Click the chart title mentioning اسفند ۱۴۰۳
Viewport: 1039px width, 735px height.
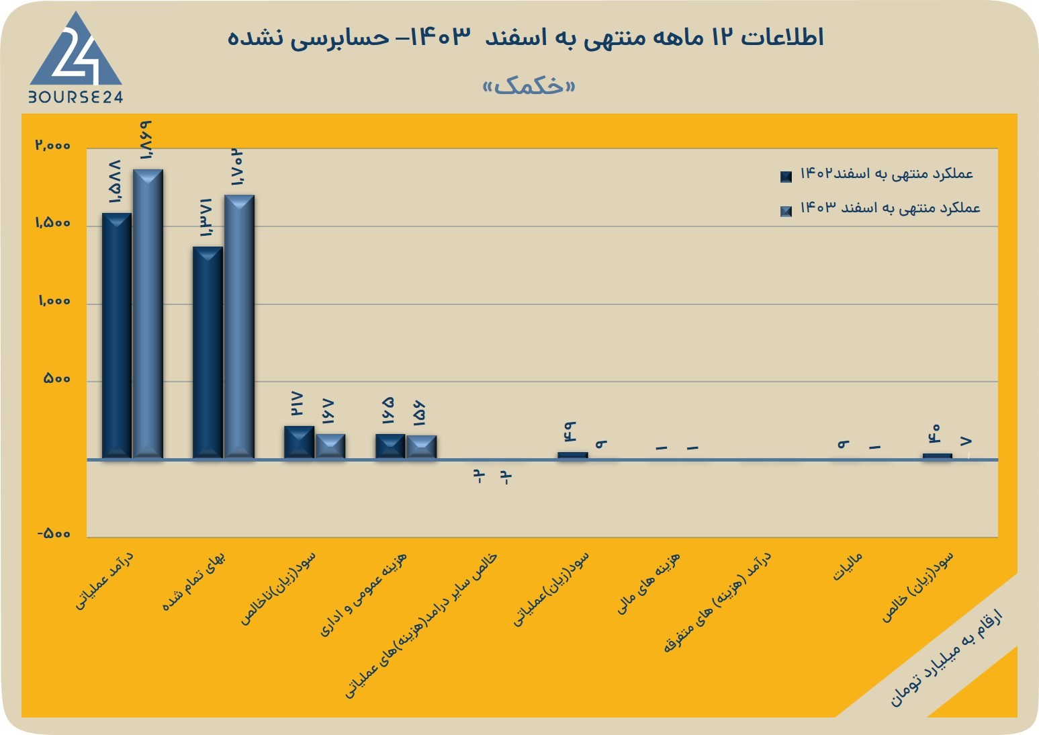tap(525, 37)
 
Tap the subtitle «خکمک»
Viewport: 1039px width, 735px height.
tap(529, 87)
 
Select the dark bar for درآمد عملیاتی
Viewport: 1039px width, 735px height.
tap(116, 336)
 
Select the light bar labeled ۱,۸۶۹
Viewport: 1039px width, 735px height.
tap(148, 314)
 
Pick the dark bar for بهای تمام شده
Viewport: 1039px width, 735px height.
tap(208, 353)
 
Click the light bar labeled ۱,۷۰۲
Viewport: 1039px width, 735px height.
tap(239, 327)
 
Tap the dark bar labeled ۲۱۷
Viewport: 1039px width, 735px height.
tap(299, 442)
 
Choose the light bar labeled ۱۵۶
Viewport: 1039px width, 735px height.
tap(421, 447)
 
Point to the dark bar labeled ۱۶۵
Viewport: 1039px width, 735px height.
tap(390, 446)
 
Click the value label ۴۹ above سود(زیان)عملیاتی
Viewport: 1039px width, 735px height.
tap(570, 431)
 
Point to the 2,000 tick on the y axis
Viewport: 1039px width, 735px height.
tap(53, 145)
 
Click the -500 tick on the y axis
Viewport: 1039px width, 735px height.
tap(54, 533)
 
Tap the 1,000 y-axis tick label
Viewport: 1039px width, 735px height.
tap(54, 301)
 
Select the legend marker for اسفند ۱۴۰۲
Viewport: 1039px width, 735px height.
tap(786, 177)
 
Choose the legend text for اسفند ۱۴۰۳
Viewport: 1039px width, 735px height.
tap(890, 208)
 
